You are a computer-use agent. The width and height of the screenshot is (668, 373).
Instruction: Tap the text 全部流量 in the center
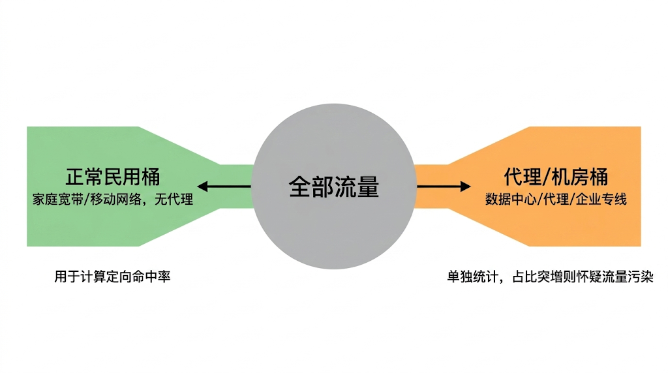(x=333, y=187)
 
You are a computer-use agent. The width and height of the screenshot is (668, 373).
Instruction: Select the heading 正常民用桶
(x=113, y=177)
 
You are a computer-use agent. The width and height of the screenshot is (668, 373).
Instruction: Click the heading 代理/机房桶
(x=556, y=177)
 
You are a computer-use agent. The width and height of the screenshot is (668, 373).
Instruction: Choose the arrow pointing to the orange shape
(x=444, y=187)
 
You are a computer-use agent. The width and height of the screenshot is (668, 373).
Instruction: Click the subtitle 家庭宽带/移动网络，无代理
(x=113, y=200)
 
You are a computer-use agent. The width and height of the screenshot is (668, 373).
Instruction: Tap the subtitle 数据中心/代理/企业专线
(x=556, y=200)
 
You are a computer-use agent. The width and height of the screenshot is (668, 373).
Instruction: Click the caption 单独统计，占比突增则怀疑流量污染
(x=550, y=276)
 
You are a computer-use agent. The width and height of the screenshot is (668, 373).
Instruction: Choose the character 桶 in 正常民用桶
(x=151, y=177)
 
